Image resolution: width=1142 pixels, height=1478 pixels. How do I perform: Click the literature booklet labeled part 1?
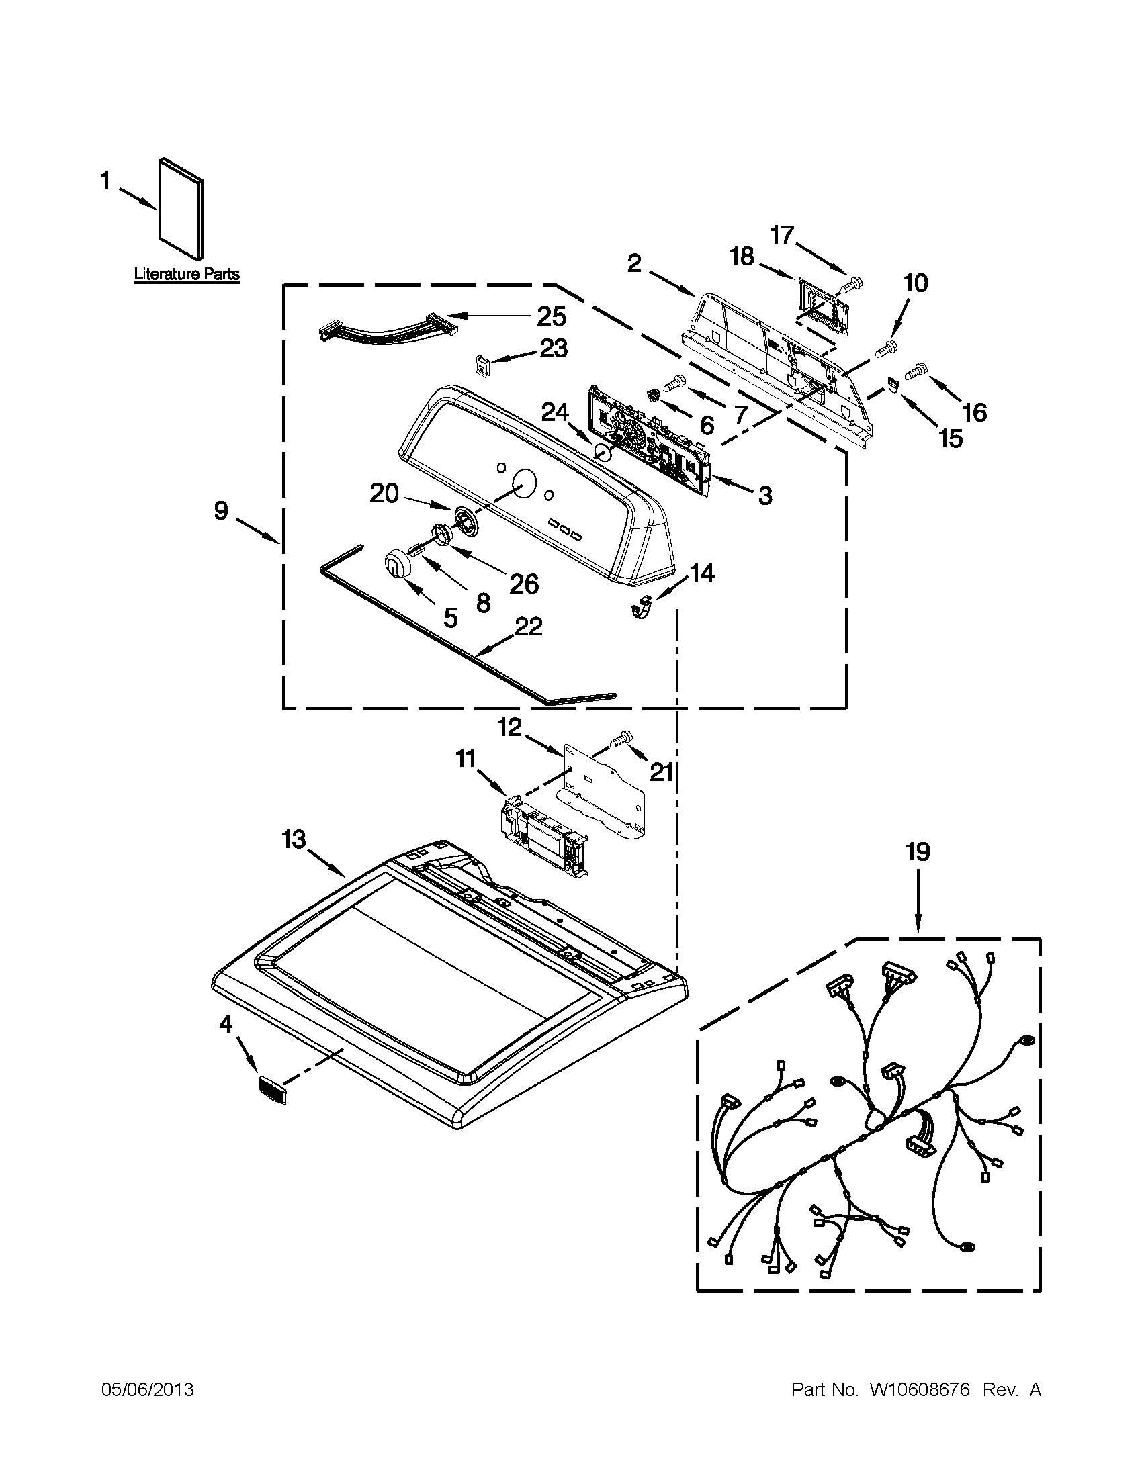(181, 210)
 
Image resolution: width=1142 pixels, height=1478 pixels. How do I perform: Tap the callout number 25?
(552, 317)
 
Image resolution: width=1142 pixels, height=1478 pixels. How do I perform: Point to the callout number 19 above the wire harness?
(918, 852)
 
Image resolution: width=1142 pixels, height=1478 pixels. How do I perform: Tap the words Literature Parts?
(187, 274)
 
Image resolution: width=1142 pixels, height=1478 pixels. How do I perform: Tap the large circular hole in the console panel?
(523, 483)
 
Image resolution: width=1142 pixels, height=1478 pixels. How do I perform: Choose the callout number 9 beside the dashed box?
(222, 511)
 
